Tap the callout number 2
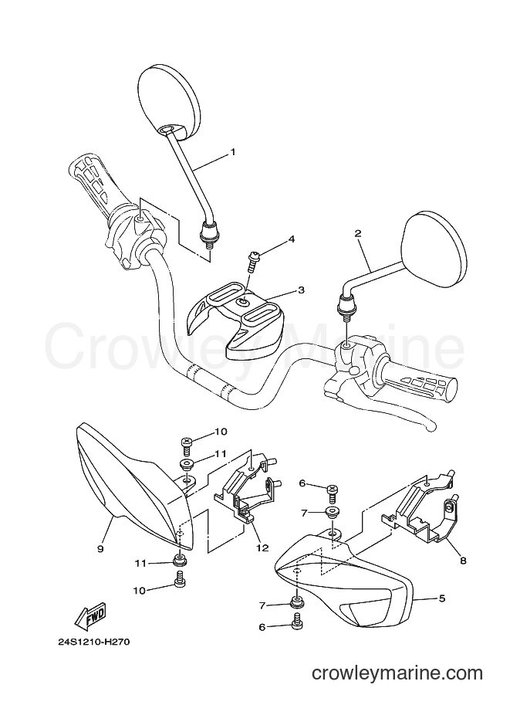coord(358,233)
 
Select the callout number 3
coord(301,290)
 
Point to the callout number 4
coord(291,239)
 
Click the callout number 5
coord(442,598)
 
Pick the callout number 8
coord(463,561)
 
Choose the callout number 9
coord(100,548)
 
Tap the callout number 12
coord(262,547)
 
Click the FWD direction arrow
coord(90,615)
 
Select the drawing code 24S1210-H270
coord(93,642)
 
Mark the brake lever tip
coord(432,427)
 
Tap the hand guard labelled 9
coord(135,486)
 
